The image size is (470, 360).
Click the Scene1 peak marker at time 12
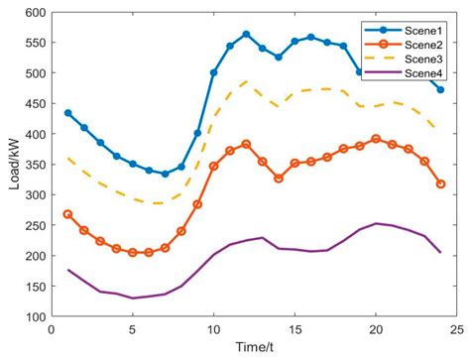pyautogui.click(x=246, y=35)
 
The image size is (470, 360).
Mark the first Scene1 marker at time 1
pyautogui.click(x=67, y=113)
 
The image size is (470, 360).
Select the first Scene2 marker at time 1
pyautogui.click(x=67, y=214)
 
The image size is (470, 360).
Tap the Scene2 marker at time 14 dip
pyautogui.click(x=279, y=179)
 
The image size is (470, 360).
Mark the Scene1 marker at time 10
pyautogui.click(x=213, y=72)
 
